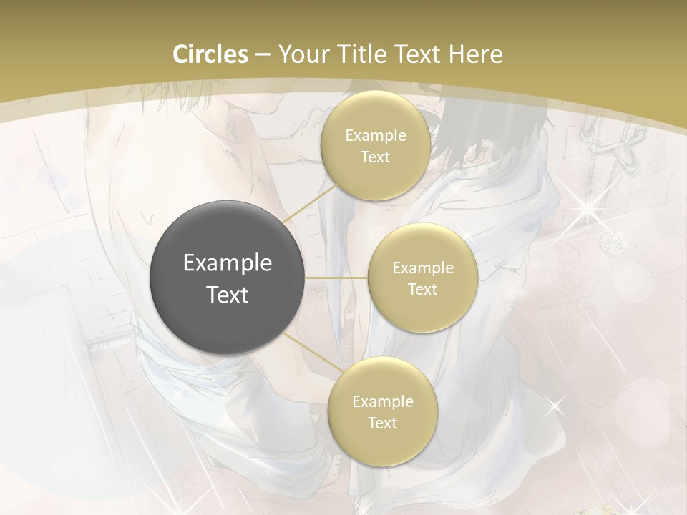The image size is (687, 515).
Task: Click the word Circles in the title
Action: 210,54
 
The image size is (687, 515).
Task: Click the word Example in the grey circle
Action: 228,263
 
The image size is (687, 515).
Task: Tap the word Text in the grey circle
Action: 228,295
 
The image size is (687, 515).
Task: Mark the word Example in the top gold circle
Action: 375,135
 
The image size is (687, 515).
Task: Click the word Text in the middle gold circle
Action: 422,289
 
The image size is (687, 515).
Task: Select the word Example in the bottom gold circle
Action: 382,401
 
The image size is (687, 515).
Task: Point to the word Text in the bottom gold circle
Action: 382,423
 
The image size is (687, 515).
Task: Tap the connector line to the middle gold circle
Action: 336,278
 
